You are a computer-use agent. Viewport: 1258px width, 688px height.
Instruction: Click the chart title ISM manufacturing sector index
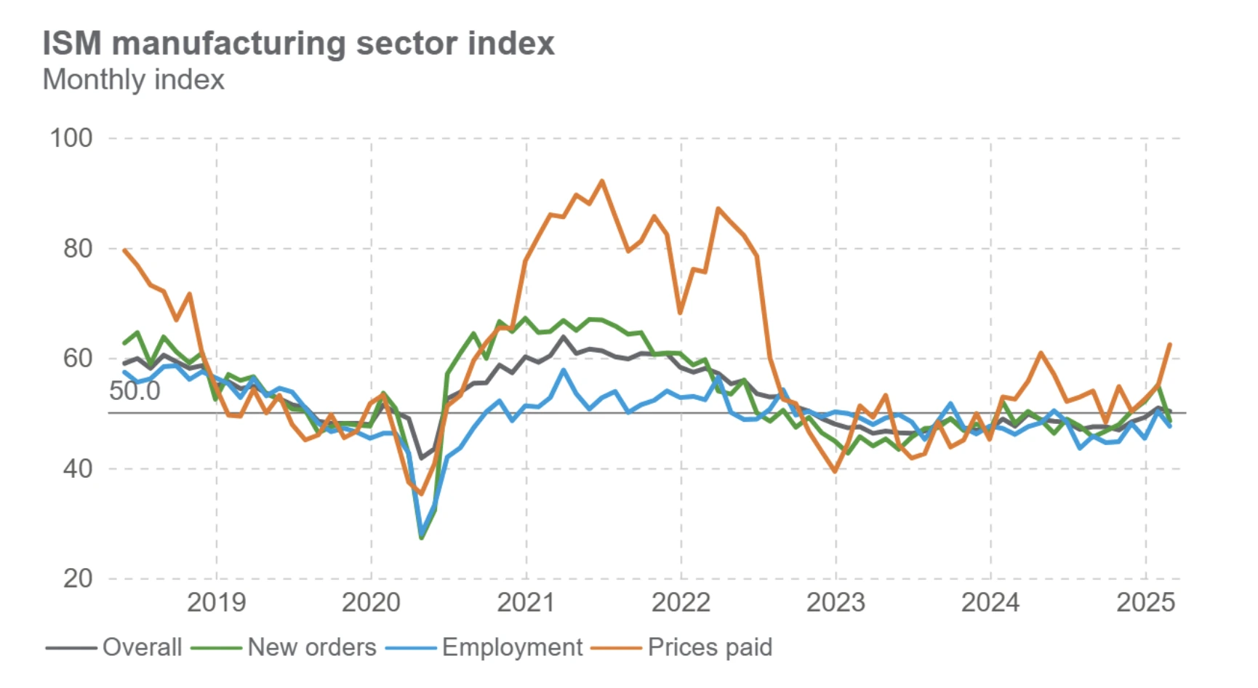click(298, 44)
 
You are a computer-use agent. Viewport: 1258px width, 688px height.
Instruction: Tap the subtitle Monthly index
click(134, 79)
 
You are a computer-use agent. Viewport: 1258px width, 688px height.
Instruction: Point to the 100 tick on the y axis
click(71, 138)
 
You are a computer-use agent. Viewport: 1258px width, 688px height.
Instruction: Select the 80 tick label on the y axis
click(78, 249)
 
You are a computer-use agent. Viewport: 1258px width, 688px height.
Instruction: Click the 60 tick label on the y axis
click(78, 359)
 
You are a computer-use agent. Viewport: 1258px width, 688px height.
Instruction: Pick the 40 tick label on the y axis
click(78, 468)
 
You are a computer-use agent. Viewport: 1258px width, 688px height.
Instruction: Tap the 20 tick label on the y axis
click(78, 579)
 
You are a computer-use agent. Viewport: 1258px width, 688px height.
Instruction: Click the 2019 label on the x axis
click(216, 603)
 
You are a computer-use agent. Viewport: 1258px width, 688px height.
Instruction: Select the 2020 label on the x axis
click(371, 603)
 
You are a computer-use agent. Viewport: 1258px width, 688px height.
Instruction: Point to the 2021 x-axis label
click(526, 603)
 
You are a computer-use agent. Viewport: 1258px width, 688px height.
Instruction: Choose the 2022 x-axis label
click(681, 603)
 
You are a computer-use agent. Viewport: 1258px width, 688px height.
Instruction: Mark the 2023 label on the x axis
click(836, 603)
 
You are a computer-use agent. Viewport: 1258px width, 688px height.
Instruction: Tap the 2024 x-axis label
click(990, 603)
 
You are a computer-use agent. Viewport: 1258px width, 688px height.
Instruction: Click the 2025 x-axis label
click(1145, 603)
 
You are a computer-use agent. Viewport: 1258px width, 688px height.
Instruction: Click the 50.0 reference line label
click(135, 391)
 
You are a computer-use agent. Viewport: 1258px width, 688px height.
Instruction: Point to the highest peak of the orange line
click(602, 181)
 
